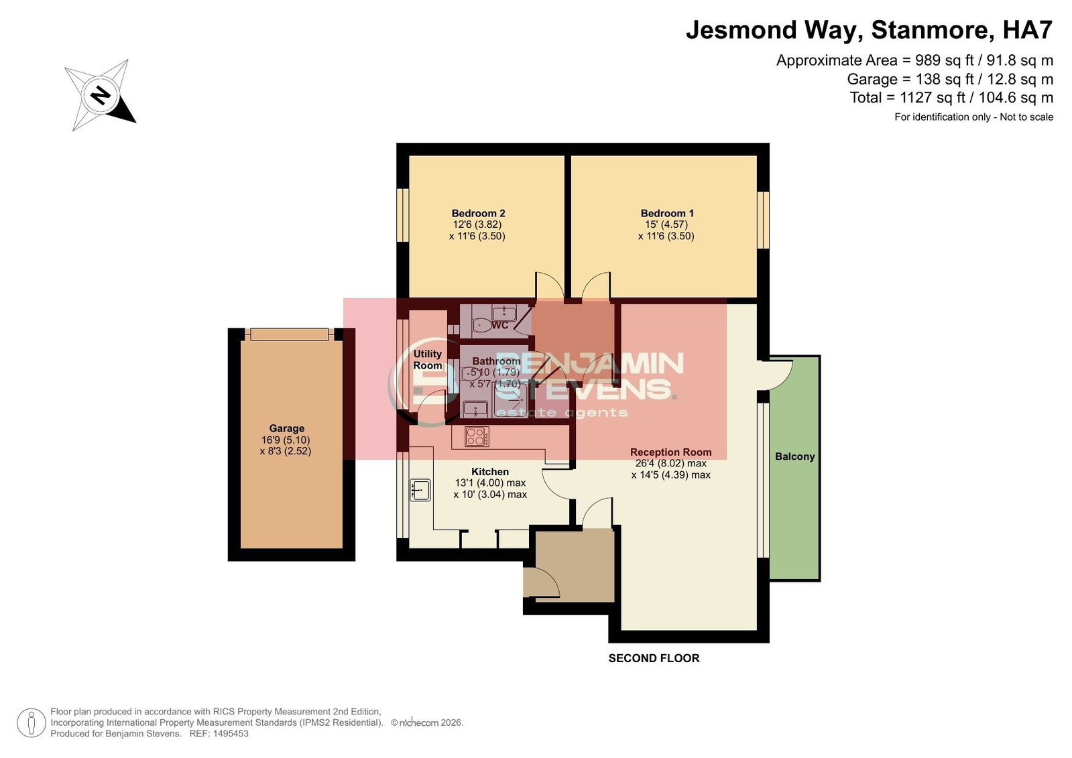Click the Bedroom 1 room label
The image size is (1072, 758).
[666, 213]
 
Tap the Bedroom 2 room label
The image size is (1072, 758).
[478, 213]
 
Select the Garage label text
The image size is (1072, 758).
[286, 428]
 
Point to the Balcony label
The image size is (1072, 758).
[794, 456]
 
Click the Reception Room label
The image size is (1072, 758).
[670, 452]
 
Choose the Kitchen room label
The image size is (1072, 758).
[489, 471]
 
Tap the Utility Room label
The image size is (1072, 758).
[427, 359]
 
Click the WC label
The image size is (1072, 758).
[499, 326]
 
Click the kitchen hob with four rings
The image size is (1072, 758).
[477, 436]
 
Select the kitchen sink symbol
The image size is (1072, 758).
[420, 490]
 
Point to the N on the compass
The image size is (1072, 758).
[101, 94]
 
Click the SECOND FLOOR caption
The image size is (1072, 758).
[654, 658]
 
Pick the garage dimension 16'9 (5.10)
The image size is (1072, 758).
[285, 440]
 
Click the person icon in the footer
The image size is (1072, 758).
[31, 722]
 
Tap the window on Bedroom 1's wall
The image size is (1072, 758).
[763, 220]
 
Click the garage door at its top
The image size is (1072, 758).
[289, 334]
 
